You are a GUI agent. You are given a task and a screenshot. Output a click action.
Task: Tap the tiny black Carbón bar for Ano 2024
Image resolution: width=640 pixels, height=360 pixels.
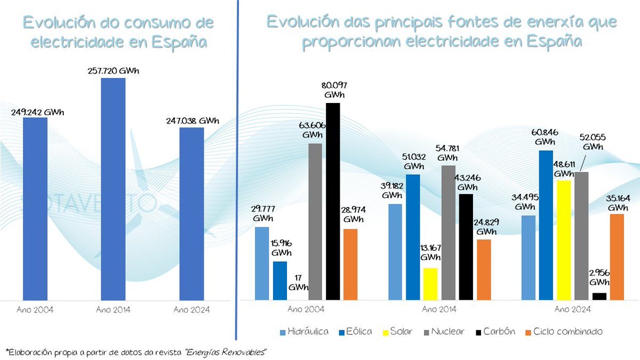(599, 296)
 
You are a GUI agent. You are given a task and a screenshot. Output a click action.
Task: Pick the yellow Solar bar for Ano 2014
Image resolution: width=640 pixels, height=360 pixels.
(430, 284)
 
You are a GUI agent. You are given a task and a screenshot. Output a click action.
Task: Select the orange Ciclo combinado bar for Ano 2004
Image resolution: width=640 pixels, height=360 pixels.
(350, 265)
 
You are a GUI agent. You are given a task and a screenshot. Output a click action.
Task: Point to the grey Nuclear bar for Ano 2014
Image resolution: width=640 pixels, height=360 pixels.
(449, 233)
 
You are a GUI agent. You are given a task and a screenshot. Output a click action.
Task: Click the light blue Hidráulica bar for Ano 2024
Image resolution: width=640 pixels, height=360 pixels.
(528, 258)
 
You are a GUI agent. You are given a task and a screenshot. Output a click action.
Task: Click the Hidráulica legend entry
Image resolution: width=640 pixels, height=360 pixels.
(304, 332)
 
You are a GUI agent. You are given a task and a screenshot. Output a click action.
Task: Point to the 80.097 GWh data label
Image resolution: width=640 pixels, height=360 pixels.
(334, 90)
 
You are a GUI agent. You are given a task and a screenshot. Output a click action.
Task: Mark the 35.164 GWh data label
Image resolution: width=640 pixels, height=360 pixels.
(618, 202)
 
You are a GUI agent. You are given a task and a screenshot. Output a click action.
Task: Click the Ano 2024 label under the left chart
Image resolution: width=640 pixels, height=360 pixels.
(191, 309)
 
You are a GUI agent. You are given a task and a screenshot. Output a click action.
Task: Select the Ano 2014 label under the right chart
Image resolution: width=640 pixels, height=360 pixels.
(438, 309)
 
